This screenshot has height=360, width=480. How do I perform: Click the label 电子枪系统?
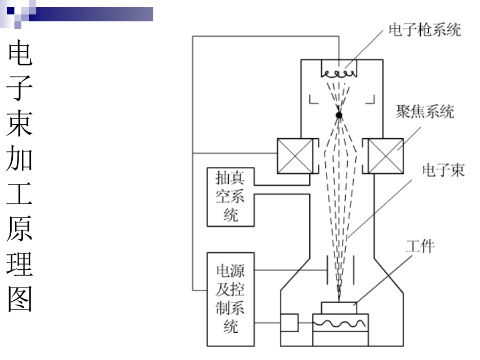tap(425, 30)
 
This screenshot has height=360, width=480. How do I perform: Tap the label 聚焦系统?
tap(425, 111)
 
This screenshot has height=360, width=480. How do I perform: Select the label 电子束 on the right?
tap(443, 170)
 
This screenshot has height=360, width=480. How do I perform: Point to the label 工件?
tap(420, 246)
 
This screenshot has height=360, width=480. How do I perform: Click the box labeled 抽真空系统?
tap(230, 197)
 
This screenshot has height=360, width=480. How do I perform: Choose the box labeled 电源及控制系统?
tap(230, 299)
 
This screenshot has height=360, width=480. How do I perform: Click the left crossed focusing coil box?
tap(295, 156)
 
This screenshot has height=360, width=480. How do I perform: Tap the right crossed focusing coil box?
tap(386, 156)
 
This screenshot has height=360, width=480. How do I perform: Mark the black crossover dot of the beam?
tap(339, 115)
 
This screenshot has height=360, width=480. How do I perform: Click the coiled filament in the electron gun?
tap(339, 74)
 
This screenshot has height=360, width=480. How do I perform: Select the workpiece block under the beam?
tap(339, 308)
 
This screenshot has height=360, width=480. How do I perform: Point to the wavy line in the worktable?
tap(339, 324)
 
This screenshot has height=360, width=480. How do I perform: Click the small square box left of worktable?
tap(289, 323)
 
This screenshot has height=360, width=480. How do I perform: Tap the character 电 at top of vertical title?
tap(20, 53)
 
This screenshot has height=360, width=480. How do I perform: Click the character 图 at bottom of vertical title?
tap(20, 299)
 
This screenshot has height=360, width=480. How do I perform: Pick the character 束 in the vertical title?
tap(20, 123)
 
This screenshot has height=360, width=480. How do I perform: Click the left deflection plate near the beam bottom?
tap(327, 270)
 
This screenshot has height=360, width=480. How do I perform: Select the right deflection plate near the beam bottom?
tap(354, 270)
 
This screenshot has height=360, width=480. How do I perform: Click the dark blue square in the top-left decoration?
tap(11, 11)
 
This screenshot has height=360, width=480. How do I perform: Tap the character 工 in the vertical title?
tap(20, 194)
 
